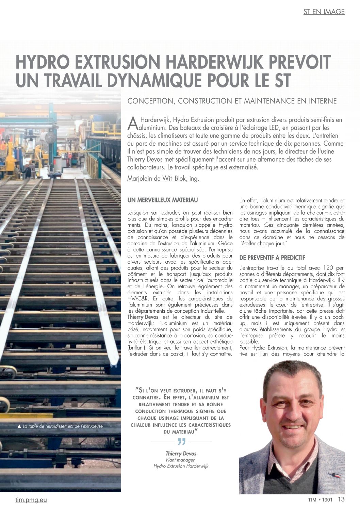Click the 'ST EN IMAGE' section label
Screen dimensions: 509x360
tap(324, 12)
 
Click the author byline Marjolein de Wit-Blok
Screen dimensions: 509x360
tap(163, 179)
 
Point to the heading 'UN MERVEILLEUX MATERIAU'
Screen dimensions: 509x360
tap(162, 200)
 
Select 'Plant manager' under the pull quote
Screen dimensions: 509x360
tap(180, 460)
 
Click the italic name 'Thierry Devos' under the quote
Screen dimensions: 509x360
tap(181, 454)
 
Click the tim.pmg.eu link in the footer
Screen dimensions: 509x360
tap(31, 500)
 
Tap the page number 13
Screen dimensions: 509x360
tap(341, 499)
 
